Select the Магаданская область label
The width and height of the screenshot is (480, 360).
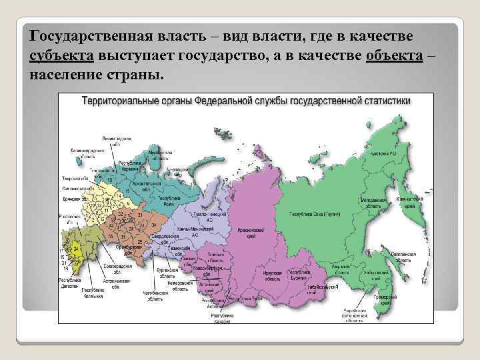click(x=375, y=203)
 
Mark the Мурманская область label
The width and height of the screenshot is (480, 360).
click(x=161, y=155)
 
